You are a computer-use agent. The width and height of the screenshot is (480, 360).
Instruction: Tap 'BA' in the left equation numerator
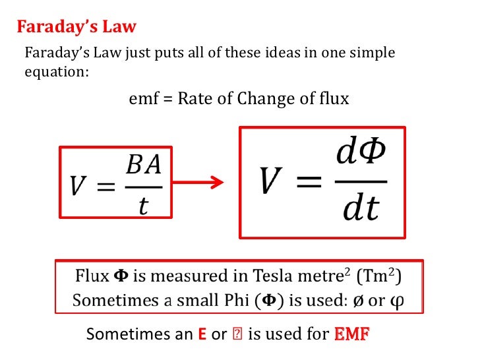pyautogui.click(x=142, y=164)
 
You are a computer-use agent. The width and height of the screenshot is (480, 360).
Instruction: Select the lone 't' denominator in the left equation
pyautogui.click(x=142, y=206)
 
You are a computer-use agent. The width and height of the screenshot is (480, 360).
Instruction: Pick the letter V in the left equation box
pyautogui.click(x=78, y=187)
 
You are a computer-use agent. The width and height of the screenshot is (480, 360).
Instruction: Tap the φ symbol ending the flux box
pyautogui.click(x=396, y=301)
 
